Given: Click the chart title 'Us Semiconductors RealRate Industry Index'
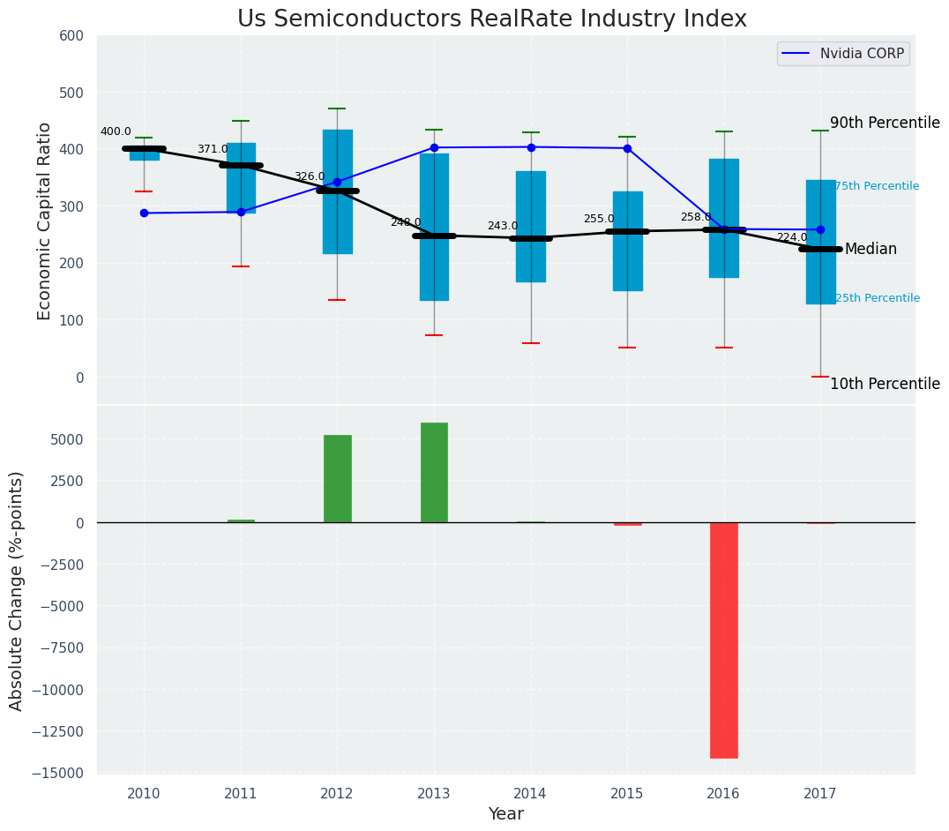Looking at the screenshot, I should click(491, 19).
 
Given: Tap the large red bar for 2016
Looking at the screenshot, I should click(724, 640).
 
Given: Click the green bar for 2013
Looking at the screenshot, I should click(434, 473).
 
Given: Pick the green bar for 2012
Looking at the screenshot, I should click(337, 478).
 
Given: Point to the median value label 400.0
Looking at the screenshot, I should click(116, 131).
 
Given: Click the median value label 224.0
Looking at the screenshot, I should click(792, 237).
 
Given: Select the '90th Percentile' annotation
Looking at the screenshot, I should click(885, 124).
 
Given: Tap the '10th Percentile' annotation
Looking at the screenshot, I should click(885, 384).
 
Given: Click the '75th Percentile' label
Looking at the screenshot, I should click(877, 186).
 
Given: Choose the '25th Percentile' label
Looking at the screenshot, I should click(877, 298).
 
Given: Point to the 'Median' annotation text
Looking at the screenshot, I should click(871, 250).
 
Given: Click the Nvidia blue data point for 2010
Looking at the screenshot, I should click(144, 213).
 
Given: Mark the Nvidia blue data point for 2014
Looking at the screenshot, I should click(531, 147).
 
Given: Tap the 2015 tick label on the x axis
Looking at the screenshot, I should click(627, 794).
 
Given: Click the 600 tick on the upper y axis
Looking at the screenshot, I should click(71, 36).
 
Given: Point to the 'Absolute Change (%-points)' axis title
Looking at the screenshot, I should click(17, 590).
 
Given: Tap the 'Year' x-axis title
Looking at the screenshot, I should click(506, 814).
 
